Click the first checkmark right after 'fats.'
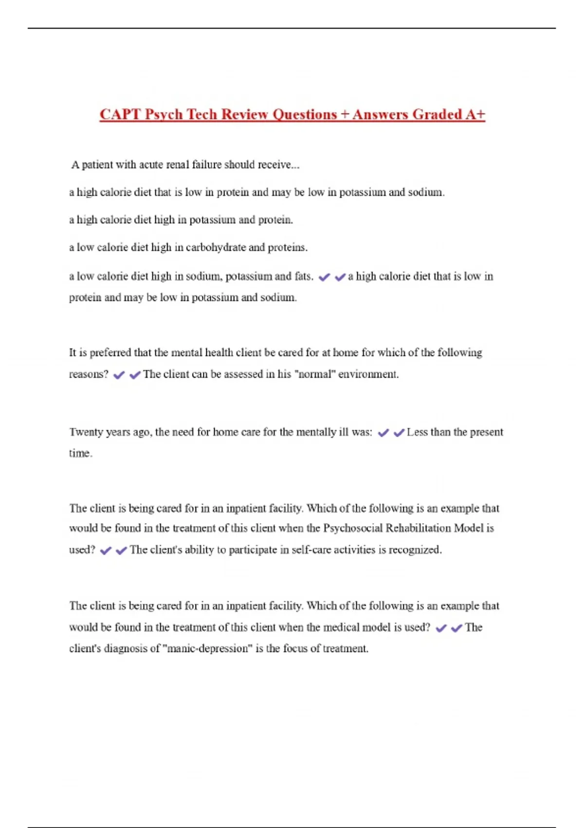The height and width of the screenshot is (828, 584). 324,277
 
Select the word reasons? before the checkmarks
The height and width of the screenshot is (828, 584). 89,375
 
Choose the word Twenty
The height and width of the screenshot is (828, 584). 86,433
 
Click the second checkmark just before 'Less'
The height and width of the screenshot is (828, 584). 399,433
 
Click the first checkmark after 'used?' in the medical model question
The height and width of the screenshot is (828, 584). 441,628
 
